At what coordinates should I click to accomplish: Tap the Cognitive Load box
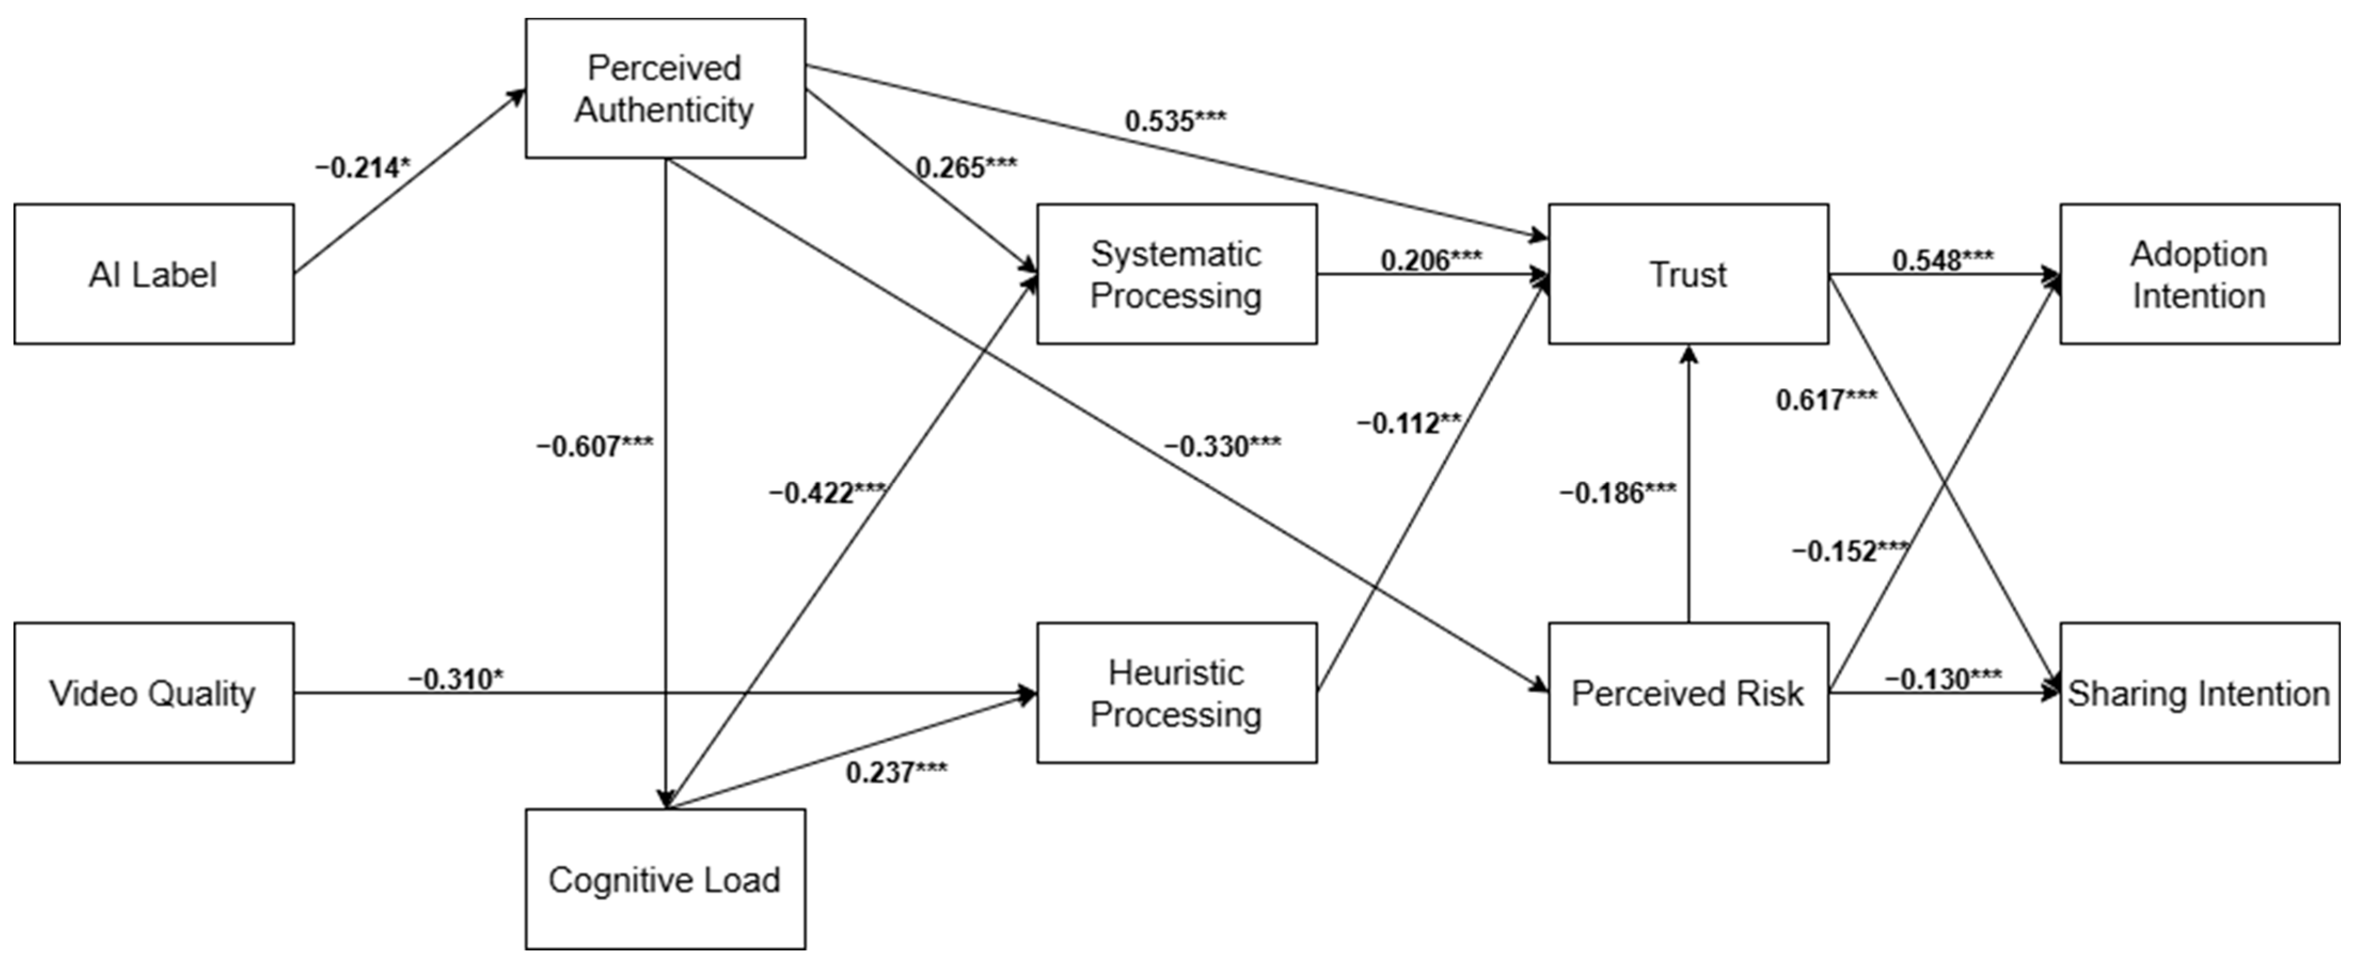click(665, 879)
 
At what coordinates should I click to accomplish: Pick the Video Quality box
click(154, 692)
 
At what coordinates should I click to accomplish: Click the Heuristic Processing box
click(1176, 692)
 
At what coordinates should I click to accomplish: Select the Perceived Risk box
click(1688, 692)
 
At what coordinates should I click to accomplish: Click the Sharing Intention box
click(2200, 692)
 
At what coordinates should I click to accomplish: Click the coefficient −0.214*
click(363, 168)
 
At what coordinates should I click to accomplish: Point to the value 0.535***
click(1175, 121)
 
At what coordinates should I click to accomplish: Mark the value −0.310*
click(456, 680)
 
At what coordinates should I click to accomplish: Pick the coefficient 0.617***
click(1827, 400)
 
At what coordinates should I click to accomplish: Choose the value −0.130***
click(1942, 680)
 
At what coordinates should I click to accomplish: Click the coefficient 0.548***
click(1942, 261)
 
